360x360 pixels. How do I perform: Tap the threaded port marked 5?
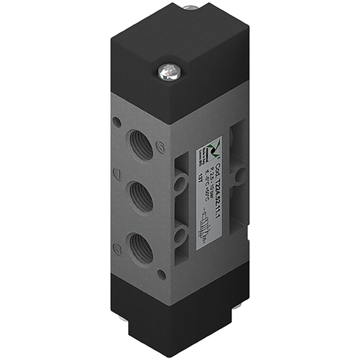tap(141, 146)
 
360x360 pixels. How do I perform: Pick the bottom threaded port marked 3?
tap(141, 247)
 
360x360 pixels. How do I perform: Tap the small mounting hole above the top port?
tap(118, 123)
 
